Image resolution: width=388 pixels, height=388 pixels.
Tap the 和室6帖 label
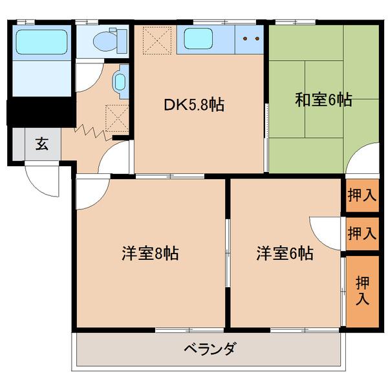[x=323, y=100]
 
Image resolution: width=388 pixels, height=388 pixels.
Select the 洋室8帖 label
[x=149, y=253]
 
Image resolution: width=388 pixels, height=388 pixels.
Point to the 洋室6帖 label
[x=285, y=253]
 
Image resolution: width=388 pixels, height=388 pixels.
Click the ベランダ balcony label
[x=210, y=349]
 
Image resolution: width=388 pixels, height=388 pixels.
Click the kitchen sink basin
[x=207, y=39]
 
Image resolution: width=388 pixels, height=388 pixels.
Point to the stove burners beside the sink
[x=250, y=39]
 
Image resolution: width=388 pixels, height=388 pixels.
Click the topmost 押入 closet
[x=361, y=195]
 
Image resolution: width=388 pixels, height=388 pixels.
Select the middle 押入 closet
[x=361, y=233]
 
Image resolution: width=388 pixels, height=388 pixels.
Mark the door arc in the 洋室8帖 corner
[x=89, y=194]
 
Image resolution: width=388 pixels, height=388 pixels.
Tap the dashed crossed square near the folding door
[x=117, y=118]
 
